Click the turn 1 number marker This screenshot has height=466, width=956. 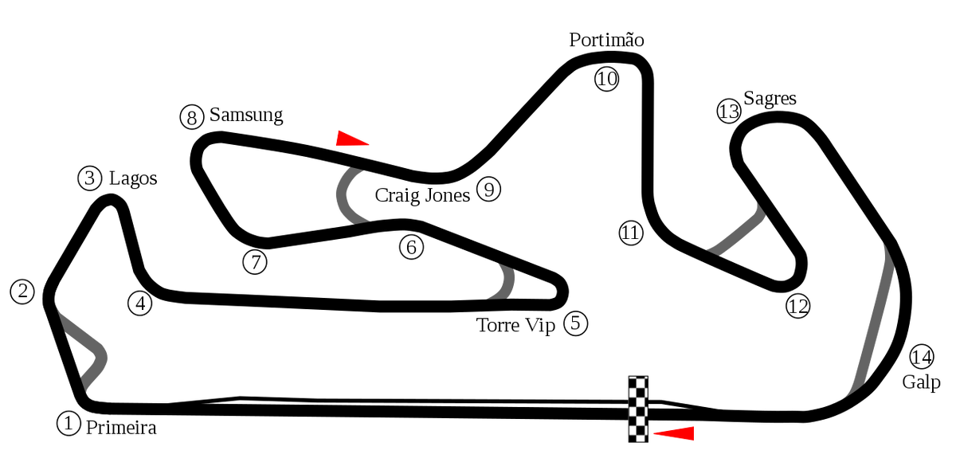tap(69, 423)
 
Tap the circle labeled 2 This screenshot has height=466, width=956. tap(22, 292)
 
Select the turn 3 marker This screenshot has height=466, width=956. tap(89, 178)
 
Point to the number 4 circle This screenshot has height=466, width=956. tap(139, 303)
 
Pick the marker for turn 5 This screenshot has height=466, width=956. tap(575, 323)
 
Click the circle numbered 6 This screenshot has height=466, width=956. tap(411, 247)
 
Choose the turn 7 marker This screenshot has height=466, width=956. tap(254, 262)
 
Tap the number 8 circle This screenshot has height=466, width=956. tap(191, 118)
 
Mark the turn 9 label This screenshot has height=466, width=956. tap(488, 190)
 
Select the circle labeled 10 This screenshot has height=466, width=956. tap(606, 79)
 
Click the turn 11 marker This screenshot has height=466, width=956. tap(630, 233)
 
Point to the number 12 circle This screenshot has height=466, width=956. tap(797, 306)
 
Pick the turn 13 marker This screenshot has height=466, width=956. tap(728, 112)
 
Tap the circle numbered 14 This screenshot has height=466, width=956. tap(921, 357)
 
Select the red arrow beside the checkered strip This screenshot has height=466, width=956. tap(675, 433)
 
